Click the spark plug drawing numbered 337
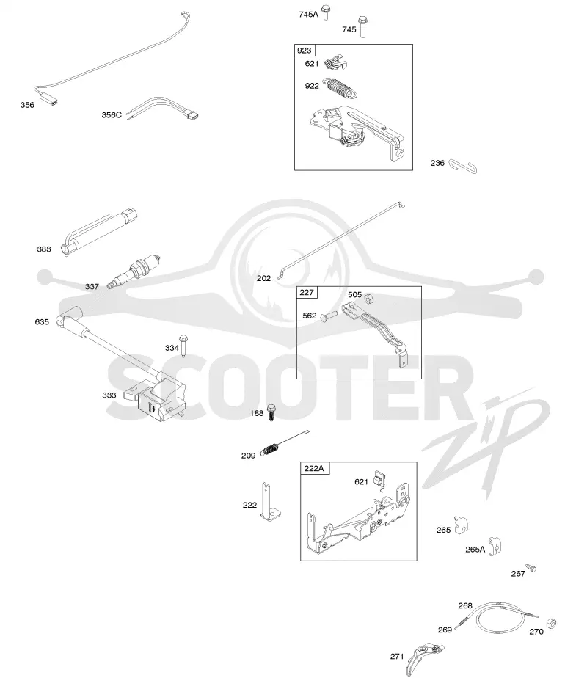click(134, 271)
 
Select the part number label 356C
click(112, 115)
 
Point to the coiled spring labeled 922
click(341, 87)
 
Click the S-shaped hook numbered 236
click(463, 166)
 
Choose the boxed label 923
click(304, 51)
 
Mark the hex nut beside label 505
click(369, 298)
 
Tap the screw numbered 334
click(183, 345)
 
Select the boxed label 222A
click(314, 468)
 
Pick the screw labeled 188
click(271, 412)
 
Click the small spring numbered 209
click(270, 449)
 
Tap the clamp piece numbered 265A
click(495, 547)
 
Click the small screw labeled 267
click(531, 568)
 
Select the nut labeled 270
click(551, 623)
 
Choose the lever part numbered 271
click(423, 658)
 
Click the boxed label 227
click(307, 293)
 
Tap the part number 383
click(44, 249)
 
